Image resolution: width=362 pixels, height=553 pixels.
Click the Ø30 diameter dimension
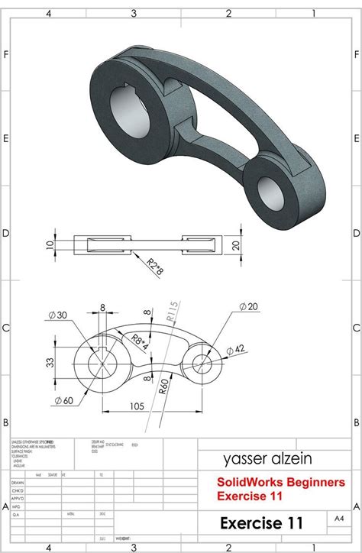tap(57, 315)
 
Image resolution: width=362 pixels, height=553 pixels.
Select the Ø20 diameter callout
tap(250, 306)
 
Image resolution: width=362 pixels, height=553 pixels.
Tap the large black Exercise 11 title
tap(261, 523)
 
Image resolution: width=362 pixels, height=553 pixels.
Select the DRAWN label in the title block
tap(18, 483)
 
